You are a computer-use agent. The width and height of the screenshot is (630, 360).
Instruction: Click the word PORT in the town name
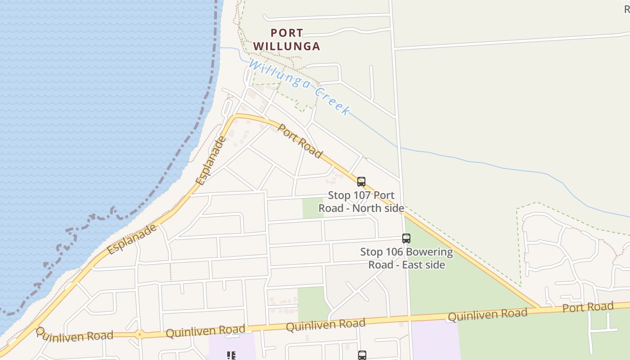(x=287, y=33)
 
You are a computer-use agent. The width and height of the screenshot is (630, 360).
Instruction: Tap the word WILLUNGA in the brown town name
(x=287, y=46)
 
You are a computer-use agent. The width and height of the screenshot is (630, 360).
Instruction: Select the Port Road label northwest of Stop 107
(x=300, y=141)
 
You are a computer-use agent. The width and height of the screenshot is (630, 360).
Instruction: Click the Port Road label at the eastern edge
(x=588, y=308)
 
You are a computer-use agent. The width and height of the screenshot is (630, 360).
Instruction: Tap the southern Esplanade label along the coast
(x=132, y=239)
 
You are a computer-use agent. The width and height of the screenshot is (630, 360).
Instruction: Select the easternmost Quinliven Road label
(x=487, y=315)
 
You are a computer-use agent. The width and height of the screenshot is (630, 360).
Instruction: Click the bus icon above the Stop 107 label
(x=361, y=182)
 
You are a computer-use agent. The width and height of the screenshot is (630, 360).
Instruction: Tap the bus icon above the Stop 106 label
(x=406, y=238)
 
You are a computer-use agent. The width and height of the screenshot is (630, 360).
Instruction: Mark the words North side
(x=378, y=208)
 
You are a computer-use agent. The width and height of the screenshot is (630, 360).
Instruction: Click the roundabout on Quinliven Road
(x=140, y=334)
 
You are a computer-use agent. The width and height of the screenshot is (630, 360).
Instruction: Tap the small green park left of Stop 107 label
(x=313, y=208)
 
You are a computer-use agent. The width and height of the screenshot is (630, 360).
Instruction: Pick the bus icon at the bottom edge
(x=362, y=355)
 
